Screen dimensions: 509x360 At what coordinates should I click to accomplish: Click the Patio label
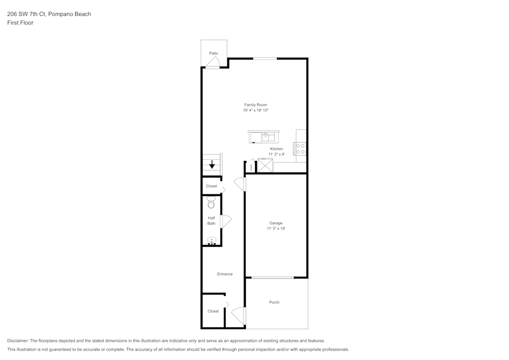214,53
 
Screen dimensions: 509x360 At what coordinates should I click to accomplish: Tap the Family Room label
256,105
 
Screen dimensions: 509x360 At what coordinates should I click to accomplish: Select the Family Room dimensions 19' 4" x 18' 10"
256,110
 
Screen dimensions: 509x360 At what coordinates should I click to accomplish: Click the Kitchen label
276,149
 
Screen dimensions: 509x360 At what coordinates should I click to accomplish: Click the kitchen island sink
268,137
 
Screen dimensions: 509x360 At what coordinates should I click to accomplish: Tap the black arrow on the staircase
212,164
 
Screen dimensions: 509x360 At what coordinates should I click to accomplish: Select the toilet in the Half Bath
211,202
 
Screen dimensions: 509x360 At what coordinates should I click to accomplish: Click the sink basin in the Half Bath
212,241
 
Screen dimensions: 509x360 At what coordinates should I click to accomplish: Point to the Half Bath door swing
225,221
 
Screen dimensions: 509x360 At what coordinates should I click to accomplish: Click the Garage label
276,223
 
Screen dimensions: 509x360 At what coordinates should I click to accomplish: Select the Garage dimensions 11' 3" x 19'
276,229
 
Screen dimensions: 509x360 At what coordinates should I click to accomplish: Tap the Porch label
274,302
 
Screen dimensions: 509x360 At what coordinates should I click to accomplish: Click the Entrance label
225,274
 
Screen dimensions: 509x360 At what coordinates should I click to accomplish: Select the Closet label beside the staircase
211,186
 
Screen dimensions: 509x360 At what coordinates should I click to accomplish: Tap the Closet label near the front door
213,311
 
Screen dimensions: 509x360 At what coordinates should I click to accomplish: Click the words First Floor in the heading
20,23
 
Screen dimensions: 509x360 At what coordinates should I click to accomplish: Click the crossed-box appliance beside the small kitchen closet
265,165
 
